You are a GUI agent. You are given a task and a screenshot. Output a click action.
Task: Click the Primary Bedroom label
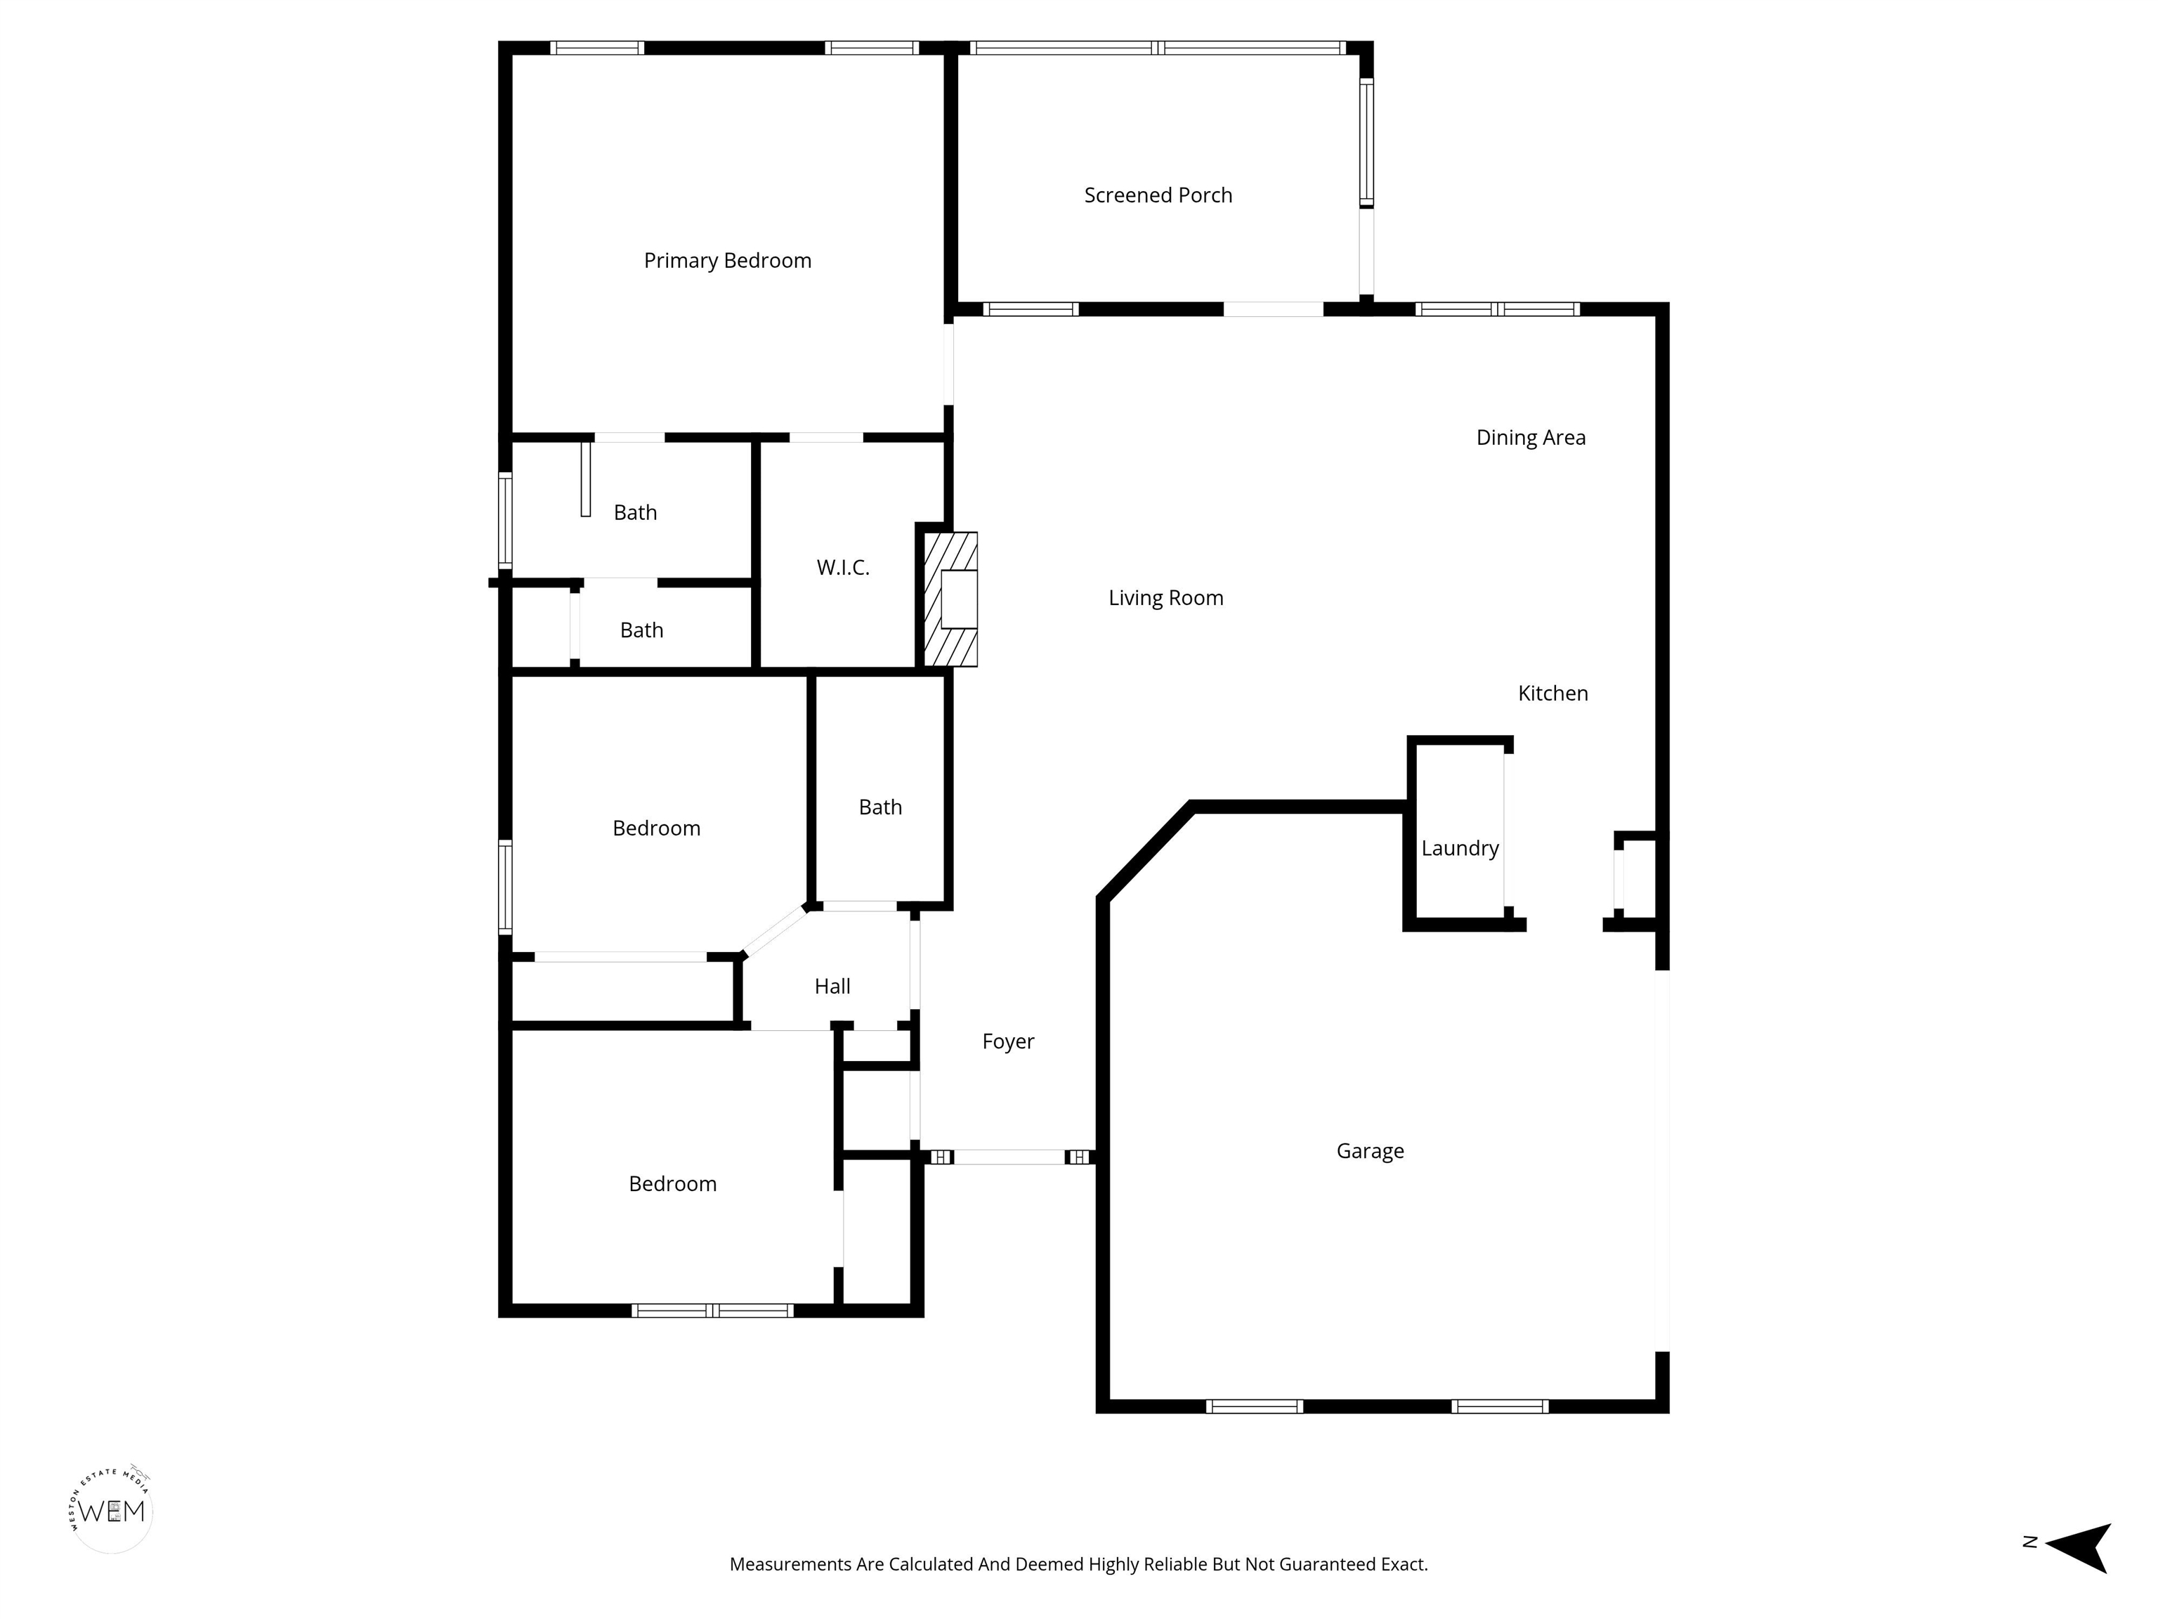coord(727,261)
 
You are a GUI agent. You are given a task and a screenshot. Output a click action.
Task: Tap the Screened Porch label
coord(1158,195)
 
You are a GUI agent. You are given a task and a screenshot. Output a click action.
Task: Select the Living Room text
coord(1166,598)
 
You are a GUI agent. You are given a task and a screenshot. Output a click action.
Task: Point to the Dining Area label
coord(1531,438)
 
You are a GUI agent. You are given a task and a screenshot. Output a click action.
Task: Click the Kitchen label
coord(1553,694)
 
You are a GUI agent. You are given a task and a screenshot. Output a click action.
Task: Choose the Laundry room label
coord(1460,849)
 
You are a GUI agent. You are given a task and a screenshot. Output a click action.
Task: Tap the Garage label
coord(1370,1152)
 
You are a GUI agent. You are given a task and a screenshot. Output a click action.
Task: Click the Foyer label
coord(1008,1042)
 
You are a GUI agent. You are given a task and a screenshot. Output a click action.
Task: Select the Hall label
coord(832,987)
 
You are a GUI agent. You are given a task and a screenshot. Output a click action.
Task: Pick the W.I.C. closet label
coord(843,568)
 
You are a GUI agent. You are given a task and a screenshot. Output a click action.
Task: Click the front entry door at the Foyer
coord(1009,1157)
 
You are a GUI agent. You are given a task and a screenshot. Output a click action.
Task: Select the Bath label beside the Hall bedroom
coord(880,808)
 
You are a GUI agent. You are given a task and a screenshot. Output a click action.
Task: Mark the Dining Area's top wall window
coord(1498,309)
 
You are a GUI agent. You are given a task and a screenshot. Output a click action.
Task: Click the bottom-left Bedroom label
coord(672,1185)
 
